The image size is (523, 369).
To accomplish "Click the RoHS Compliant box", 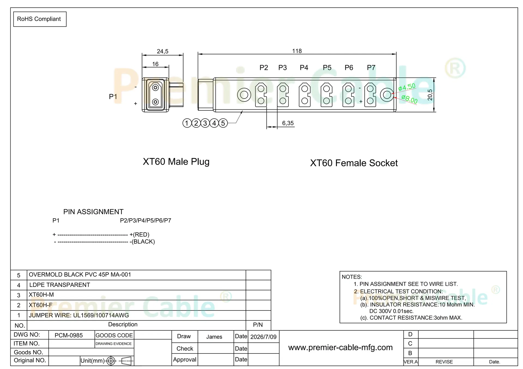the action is click(x=40, y=19).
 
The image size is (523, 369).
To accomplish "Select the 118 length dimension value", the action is click(x=297, y=51).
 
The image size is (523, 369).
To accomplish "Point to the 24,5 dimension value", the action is click(x=162, y=51).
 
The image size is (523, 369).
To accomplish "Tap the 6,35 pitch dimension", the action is click(x=288, y=123).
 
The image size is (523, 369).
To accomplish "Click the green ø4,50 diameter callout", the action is click(x=407, y=87).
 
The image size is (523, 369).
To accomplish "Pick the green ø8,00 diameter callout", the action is click(x=409, y=99).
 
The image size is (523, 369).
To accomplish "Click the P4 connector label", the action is click(x=304, y=67).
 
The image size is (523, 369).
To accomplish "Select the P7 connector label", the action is click(x=371, y=67).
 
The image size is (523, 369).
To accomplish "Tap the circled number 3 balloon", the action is click(x=205, y=123).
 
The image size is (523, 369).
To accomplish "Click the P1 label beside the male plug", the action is click(x=113, y=97).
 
